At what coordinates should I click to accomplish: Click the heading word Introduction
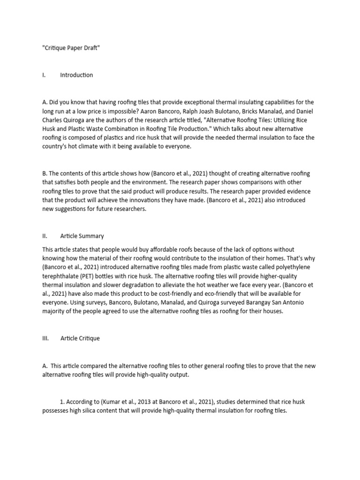coord(76,75)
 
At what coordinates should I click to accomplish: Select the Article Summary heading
coord(82,236)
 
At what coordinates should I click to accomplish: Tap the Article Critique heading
coord(80,338)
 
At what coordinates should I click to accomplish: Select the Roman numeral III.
coord(45,338)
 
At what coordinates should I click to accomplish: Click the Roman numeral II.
coord(45,236)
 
